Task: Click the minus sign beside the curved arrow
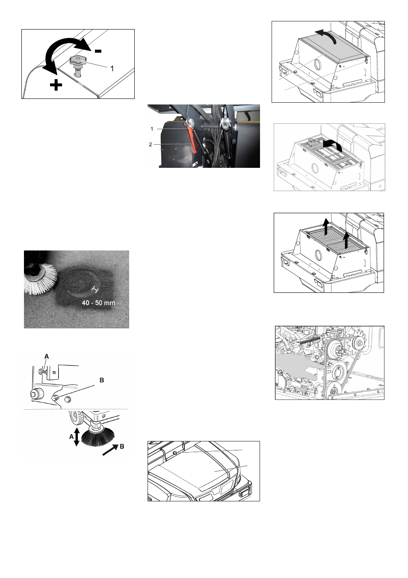point(98,51)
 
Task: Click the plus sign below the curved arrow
point(56,85)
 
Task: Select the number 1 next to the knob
point(112,69)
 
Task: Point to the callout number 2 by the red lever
point(151,145)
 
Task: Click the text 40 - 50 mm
point(98,303)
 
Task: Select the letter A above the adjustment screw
point(47,356)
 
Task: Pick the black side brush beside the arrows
point(98,437)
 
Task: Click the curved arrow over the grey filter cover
point(326,36)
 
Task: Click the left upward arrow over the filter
point(326,227)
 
